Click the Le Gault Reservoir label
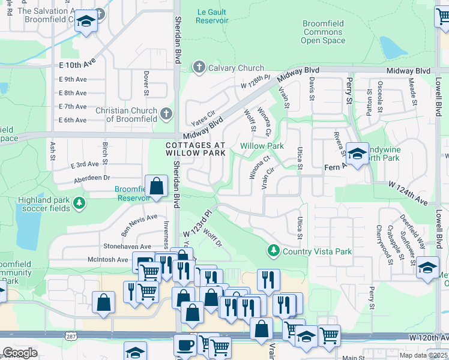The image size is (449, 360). click(x=213, y=16)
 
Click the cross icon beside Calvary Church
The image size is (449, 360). click(x=198, y=68)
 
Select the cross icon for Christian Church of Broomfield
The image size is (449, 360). click(x=166, y=113)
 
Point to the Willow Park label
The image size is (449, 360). click(x=262, y=146)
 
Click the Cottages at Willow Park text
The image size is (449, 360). click(x=196, y=149)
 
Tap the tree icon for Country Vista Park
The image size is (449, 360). click(x=273, y=249)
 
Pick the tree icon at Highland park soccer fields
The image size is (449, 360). click(x=79, y=204)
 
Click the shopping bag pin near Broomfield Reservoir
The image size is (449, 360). click(x=156, y=186)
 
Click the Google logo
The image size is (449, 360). click(x=20, y=353)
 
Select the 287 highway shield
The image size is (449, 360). click(x=71, y=335)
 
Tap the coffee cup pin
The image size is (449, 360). click(x=184, y=346)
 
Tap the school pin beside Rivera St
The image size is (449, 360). click(x=357, y=154)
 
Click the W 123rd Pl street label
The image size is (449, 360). click(x=198, y=224)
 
